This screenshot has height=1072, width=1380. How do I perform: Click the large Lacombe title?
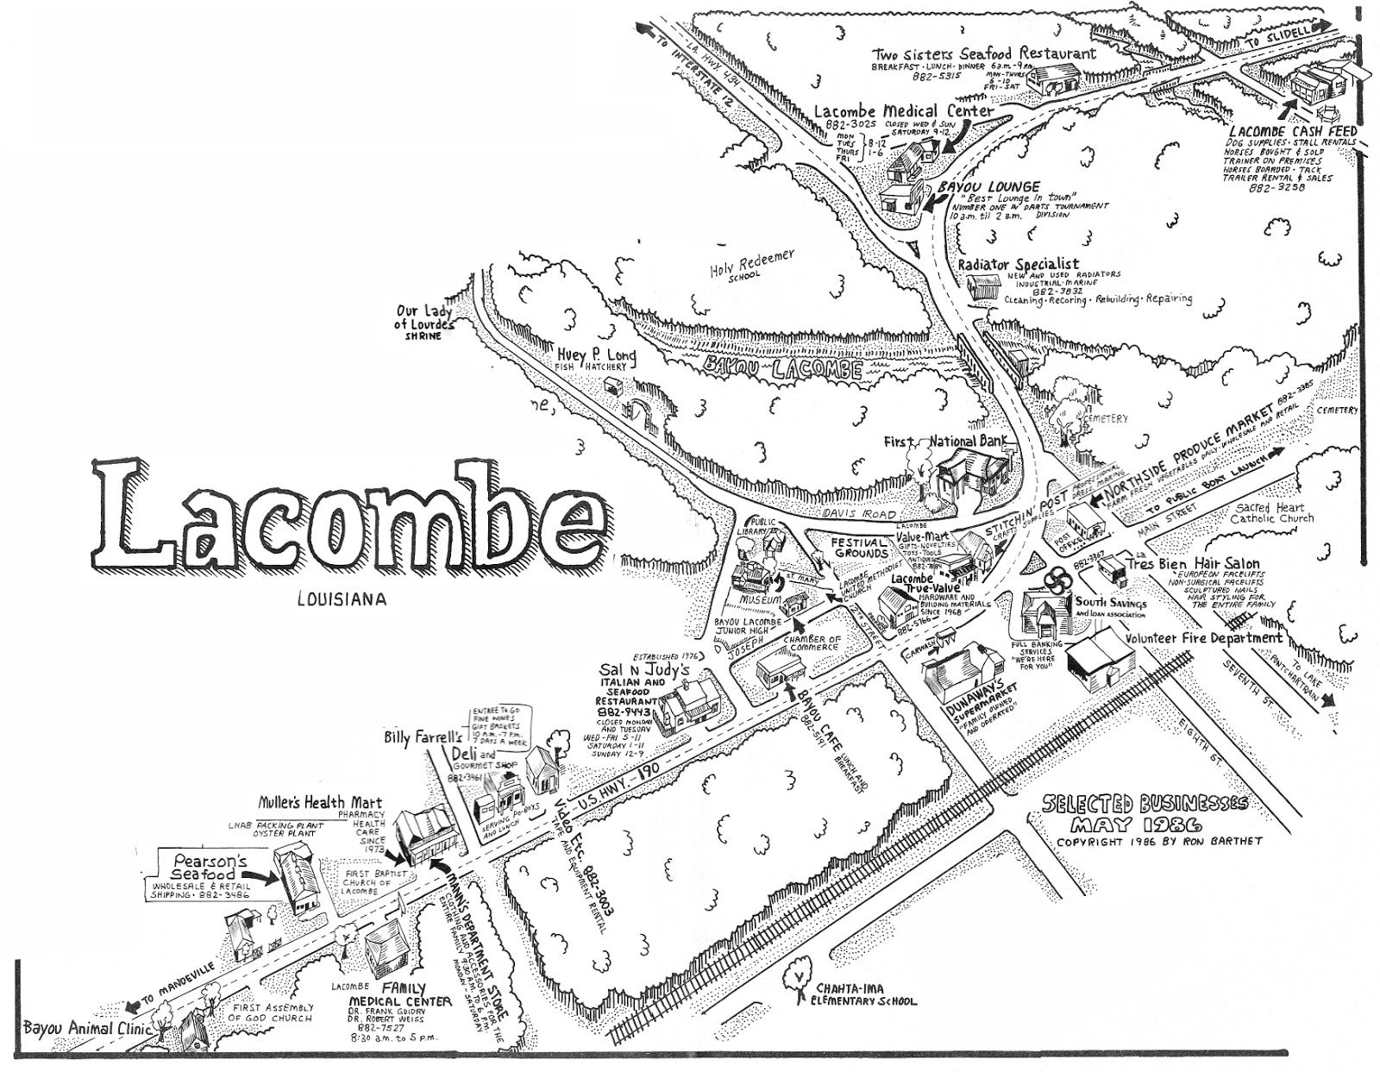point(349,517)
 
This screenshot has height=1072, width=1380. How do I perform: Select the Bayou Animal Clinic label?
point(76,1028)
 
